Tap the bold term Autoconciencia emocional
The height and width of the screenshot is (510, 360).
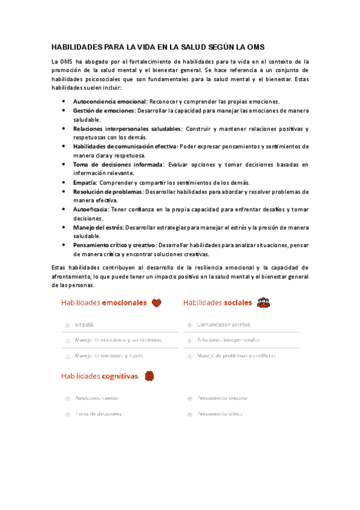point(109,101)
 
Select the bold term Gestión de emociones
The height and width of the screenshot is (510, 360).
point(104,111)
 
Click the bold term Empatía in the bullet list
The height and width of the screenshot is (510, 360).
point(85,183)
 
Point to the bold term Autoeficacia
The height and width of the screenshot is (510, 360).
point(91,209)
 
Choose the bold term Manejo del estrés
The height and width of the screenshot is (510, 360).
point(98,227)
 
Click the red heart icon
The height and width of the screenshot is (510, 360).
point(156,303)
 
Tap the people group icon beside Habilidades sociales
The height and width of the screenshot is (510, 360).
point(263,303)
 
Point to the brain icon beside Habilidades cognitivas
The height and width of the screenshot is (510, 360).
point(150,376)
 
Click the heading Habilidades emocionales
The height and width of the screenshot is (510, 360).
point(103,303)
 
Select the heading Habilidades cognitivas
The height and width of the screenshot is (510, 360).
point(99,376)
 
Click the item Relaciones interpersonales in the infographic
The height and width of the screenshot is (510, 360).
point(228,340)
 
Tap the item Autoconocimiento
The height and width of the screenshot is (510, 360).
point(96,398)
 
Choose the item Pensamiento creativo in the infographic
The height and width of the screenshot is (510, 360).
point(222,398)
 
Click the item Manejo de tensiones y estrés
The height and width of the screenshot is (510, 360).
point(109,355)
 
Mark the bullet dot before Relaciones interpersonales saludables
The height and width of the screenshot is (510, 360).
point(63,129)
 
